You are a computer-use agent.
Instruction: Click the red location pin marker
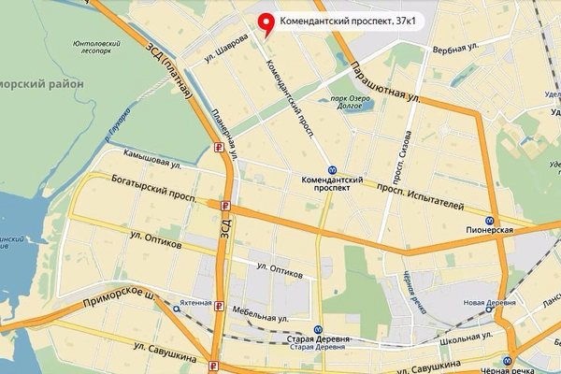(266, 23)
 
